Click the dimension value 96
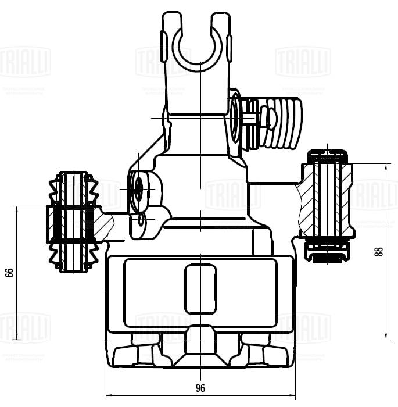200,388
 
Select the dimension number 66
9,272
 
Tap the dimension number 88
379,251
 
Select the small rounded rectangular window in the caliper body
200,289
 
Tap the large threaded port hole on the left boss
139,188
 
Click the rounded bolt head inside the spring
268,118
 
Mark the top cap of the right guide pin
328,155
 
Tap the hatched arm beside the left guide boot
106,226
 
